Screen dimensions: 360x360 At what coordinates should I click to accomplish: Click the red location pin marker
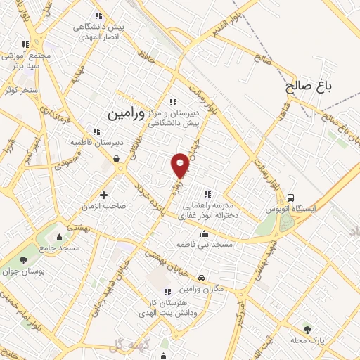[181, 165]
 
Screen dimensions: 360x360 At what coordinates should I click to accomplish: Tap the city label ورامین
[127, 112]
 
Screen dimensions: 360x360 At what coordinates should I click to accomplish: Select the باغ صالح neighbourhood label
[309, 87]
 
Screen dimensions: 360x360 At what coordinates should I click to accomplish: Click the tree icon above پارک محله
[307, 328]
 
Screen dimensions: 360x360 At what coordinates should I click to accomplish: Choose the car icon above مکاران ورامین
[202, 278]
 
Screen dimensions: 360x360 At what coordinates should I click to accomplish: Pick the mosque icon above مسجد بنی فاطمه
[205, 234]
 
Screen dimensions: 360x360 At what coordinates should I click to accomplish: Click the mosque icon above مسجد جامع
[60, 237]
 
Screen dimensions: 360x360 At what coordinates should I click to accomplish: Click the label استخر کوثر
[18, 90]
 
